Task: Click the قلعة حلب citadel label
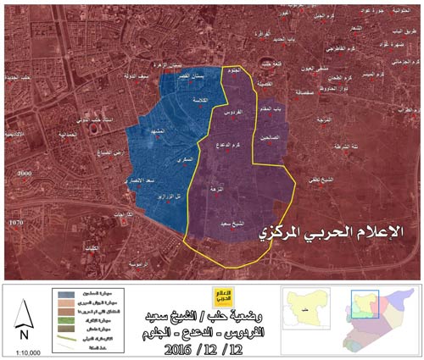click(270, 63)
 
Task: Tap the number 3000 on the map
click(23, 170)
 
